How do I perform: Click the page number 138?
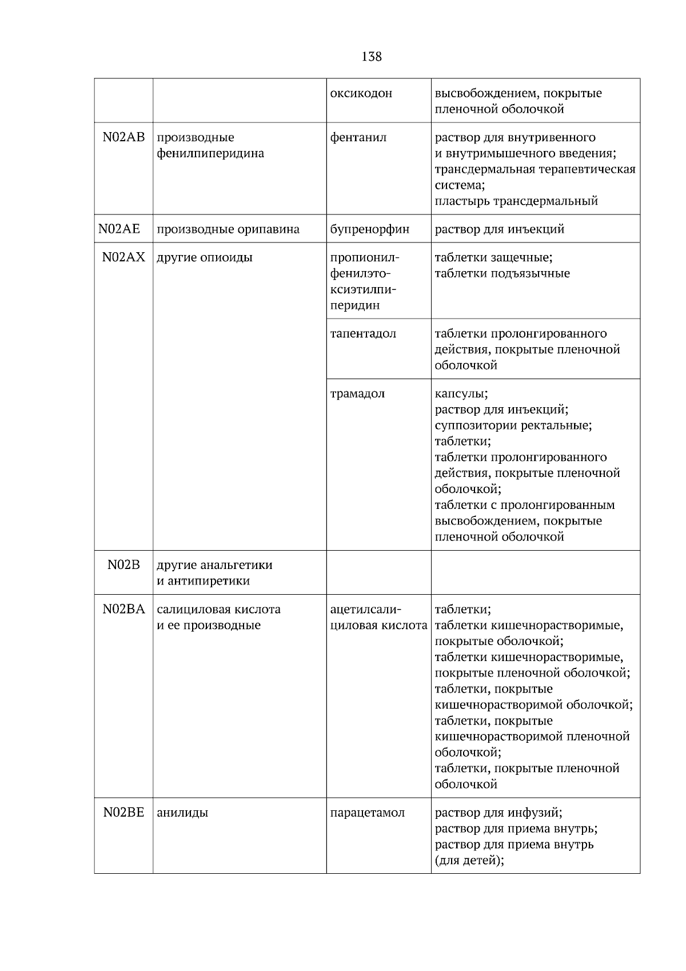pyautogui.click(x=372, y=57)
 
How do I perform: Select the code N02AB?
pyautogui.click(x=123, y=138)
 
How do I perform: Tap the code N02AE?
pyautogui.click(x=119, y=229)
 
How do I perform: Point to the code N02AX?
pyautogui.click(x=123, y=257)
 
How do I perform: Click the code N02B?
pyautogui.click(x=123, y=565)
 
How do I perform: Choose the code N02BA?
pyautogui.click(x=123, y=609)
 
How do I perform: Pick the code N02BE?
pyautogui.click(x=123, y=813)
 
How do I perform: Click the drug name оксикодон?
pyautogui.click(x=361, y=93)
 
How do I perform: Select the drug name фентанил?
pyautogui.click(x=358, y=138)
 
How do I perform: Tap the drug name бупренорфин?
pyautogui.click(x=370, y=229)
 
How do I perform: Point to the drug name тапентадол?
pyautogui.click(x=363, y=333)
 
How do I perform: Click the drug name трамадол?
pyautogui.click(x=357, y=393)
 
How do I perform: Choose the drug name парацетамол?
pyautogui.click(x=368, y=813)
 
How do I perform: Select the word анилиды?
pyautogui.click(x=182, y=813)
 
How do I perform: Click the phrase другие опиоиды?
pyautogui.click(x=205, y=257)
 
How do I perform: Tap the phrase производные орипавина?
pyautogui.click(x=228, y=229)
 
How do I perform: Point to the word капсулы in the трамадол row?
pyautogui.click(x=461, y=393)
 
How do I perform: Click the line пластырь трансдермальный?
pyautogui.click(x=516, y=201)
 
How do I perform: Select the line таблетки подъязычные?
pyautogui.click(x=502, y=273)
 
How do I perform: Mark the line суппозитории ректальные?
pyautogui.click(x=513, y=425)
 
